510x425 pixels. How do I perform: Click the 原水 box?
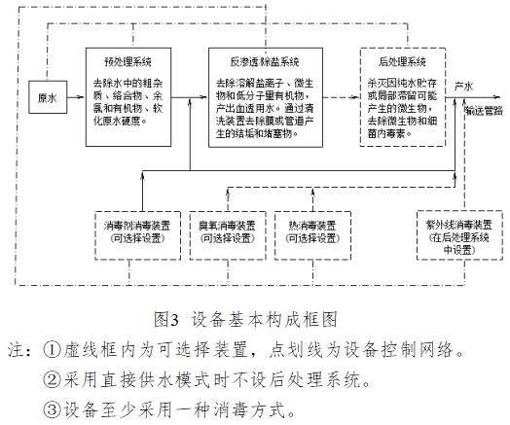[46, 98]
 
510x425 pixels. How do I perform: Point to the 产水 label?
[464, 87]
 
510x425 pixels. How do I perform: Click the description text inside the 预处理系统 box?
[126, 103]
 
